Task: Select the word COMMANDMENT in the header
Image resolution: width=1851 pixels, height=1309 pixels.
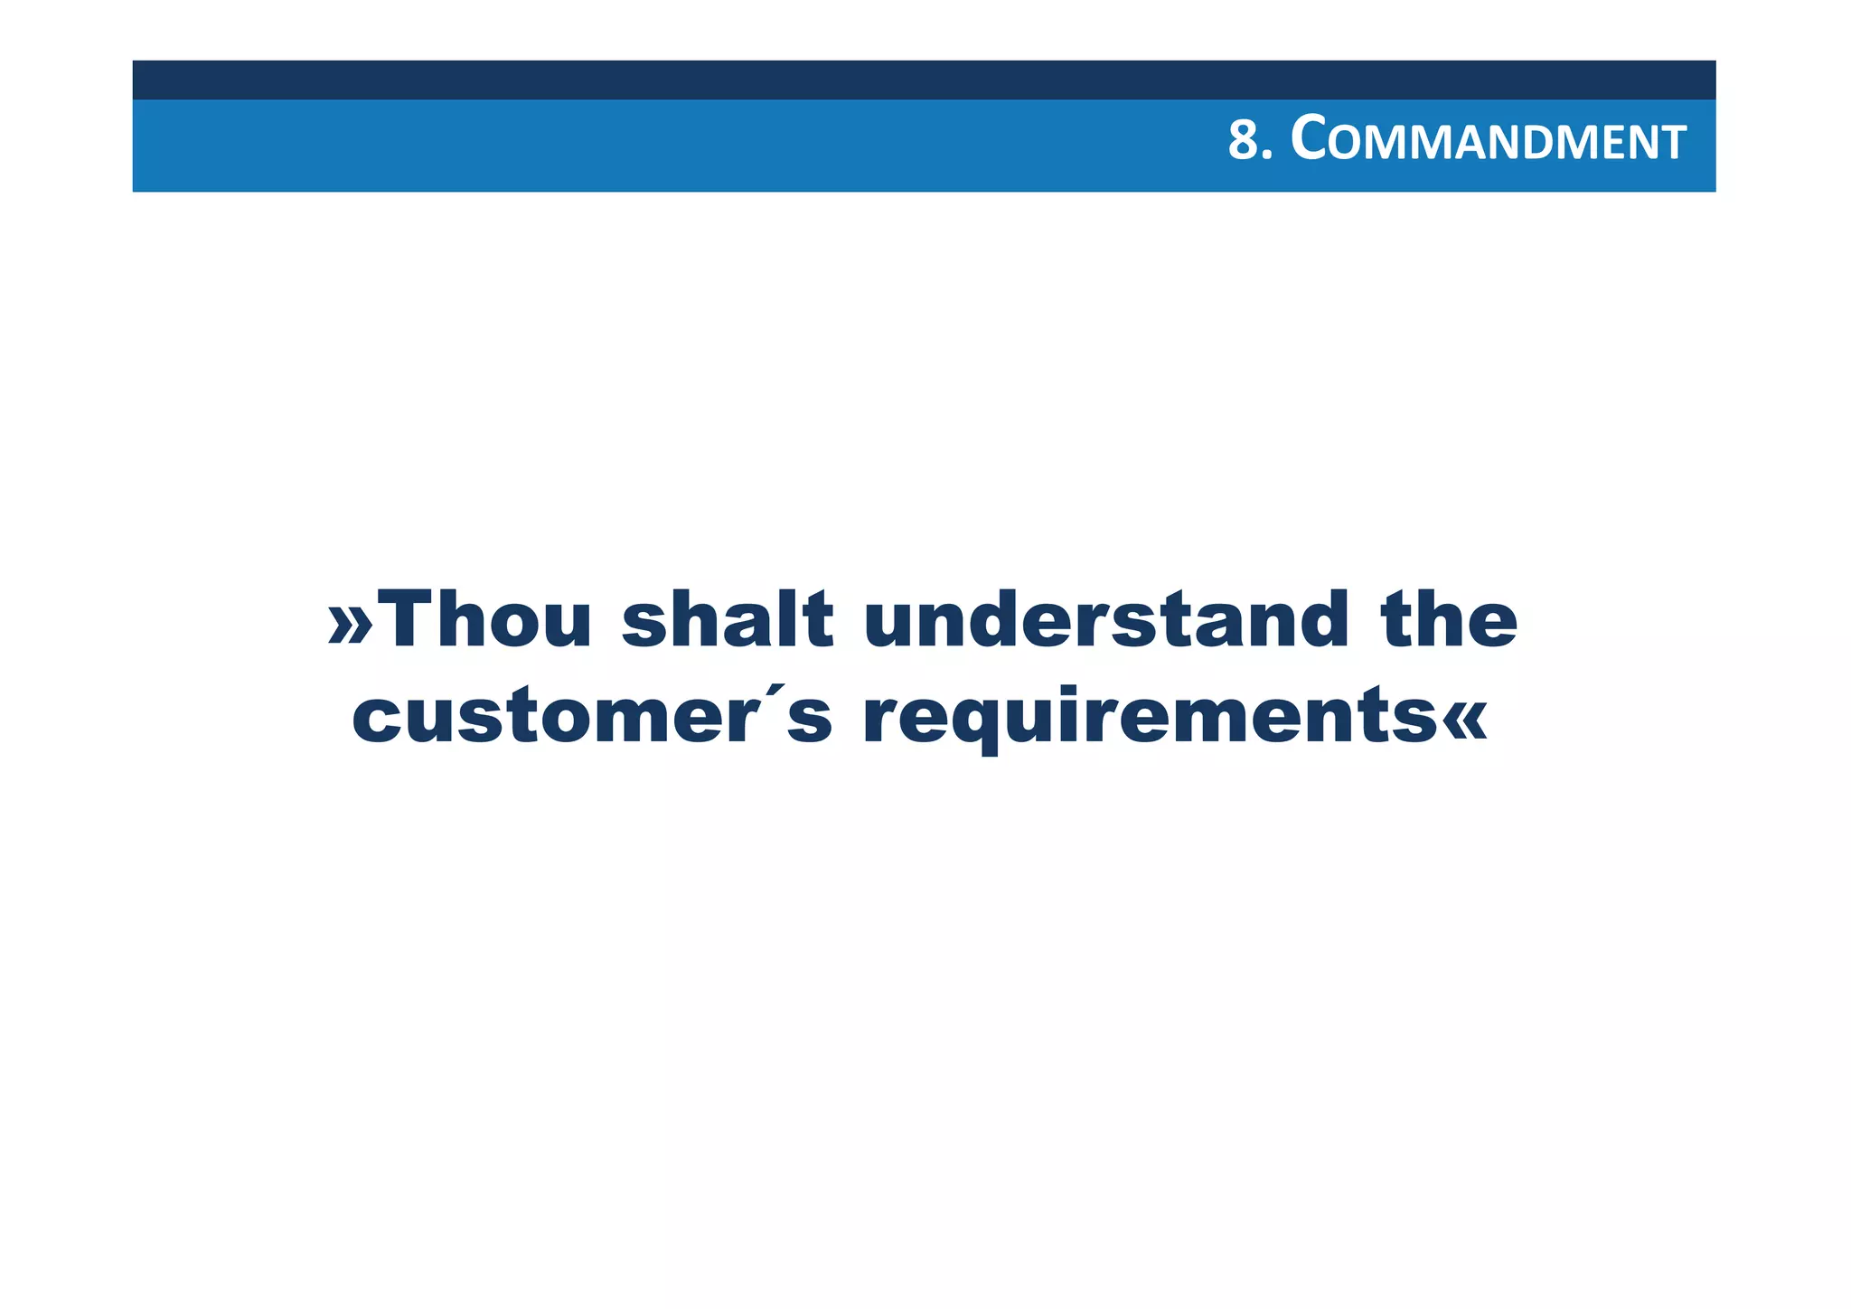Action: tap(1488, 142)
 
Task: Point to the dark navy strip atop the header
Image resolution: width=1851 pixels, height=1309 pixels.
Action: tap(924, 80)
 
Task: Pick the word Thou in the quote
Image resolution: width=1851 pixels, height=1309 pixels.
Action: tap(489, 620)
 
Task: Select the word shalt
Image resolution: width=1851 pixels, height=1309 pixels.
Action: tap(728, 620)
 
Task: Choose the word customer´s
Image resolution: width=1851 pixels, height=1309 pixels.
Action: tap(592, 719)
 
